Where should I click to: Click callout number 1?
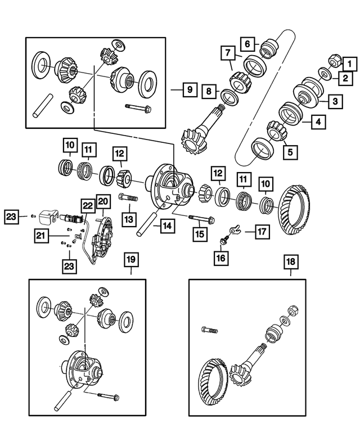pyautogui.click(x=349, y=65)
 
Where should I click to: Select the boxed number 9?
pyautogui.click(x=190, y=90)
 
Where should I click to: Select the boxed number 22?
pyautogui.click(x=87, y=206)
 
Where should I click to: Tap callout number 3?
pyautogui.click(x=334, y=102)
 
